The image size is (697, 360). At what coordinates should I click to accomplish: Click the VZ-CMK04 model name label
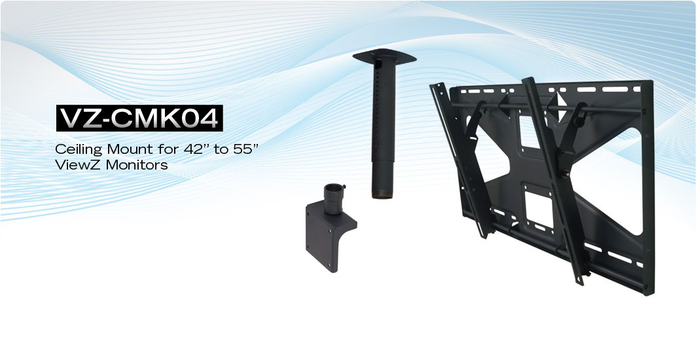tap(139, 118)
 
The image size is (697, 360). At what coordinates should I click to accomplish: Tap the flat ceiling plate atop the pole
tap(385, 56)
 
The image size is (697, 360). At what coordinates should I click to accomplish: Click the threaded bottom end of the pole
tap(382, 194)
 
